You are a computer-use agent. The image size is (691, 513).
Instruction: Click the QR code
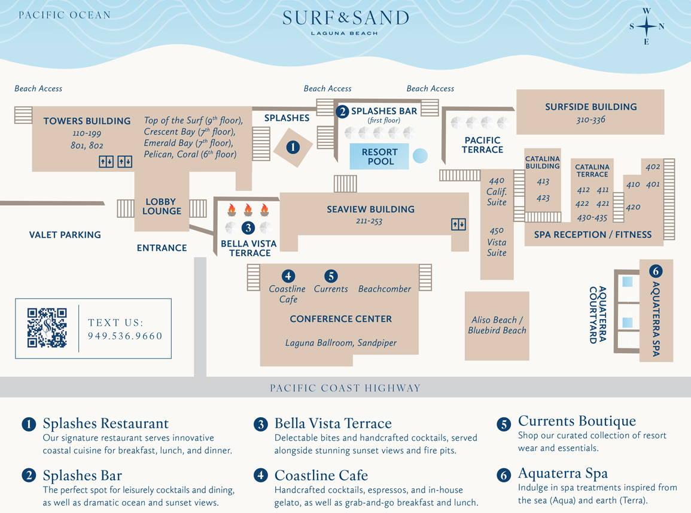pos(47,328)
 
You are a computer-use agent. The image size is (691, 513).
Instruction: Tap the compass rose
pos(646,26)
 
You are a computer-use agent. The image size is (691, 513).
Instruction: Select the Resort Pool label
pos(379,157)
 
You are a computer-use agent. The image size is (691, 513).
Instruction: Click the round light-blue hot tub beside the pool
pos(420,156)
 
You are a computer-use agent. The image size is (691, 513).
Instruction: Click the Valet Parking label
pos(65,235)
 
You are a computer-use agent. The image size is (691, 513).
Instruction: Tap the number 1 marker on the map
pos(293,147)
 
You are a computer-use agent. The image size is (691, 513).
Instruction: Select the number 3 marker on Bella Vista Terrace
pos(248,227)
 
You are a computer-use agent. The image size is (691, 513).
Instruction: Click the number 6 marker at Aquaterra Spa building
pos(656,271)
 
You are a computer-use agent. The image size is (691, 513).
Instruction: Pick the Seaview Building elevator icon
pos(458,224)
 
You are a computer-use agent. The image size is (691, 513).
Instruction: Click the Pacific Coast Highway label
pos(345,388)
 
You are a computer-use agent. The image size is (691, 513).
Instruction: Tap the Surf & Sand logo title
pos(346,19)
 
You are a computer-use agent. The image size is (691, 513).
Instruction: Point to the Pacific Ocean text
pos(65,15)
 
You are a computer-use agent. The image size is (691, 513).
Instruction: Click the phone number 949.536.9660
pos(125,336)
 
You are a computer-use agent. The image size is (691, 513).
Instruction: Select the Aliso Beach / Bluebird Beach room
pos(497,325)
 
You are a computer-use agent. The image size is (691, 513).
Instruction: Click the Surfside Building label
pos(590,107)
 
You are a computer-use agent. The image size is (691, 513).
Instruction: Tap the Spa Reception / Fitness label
pos(592,235)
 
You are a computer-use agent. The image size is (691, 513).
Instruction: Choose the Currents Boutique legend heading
pos(577,421)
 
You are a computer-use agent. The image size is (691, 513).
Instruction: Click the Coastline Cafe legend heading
pos(321,476)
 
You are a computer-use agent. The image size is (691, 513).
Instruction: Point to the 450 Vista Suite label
pos(497,241)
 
